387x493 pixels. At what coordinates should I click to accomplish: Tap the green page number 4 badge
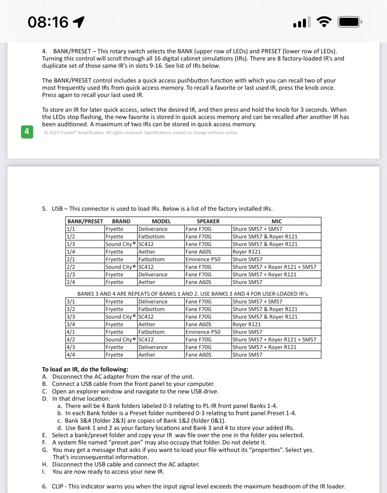[27, 132]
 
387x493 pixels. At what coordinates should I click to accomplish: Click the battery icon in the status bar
[350, 22]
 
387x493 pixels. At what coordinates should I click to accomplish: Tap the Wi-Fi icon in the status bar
[324, 22]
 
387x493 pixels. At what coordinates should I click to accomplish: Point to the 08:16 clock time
[48, 22]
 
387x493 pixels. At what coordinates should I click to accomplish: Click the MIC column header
[276, 221]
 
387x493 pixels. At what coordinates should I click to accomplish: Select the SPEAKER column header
[208, 221]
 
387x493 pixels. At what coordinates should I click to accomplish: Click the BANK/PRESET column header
[85, 221]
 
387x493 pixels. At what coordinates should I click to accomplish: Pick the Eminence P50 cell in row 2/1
[203, 259]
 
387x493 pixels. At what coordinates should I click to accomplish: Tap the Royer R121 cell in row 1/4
[247, 252]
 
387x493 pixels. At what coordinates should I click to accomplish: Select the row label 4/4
[71, 355]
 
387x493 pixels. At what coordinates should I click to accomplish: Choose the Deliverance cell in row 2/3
[153, 275]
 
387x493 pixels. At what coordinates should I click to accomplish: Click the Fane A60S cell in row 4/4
[198, 355]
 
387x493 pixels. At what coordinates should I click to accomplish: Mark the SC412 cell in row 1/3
[146, 244]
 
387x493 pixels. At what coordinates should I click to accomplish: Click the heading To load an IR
[85, 369]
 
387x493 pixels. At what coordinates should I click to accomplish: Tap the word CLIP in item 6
[58, 486]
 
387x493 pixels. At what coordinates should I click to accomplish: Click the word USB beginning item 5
[57, 209]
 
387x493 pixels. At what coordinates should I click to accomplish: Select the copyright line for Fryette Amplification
[141, 133]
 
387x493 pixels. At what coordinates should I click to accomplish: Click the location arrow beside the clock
[79, 22]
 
